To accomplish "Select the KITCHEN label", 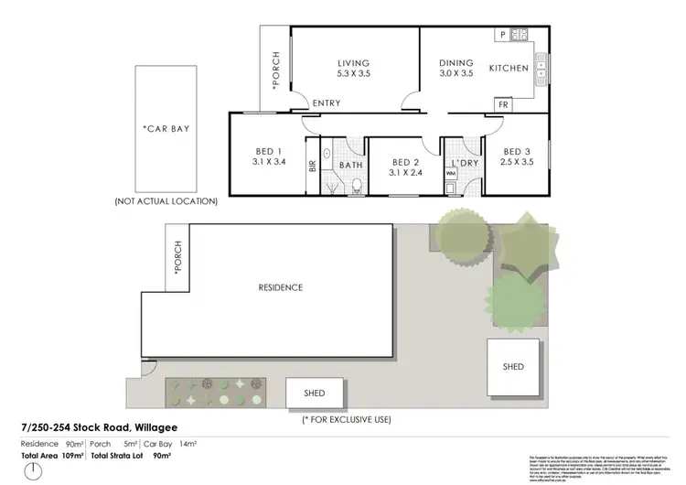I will coord(509,69).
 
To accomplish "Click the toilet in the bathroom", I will coord(358,186).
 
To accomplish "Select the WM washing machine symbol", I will coord(451,187).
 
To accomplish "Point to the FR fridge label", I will coord(503,104).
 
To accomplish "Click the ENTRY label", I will coord(327,103).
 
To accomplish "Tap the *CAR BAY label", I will coord(166,129).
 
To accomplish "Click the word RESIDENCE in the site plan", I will coord(280,287).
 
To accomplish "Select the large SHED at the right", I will coord(513,366).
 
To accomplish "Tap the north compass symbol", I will coord(34,470).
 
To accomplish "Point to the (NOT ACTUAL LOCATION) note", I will coord(166,200).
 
